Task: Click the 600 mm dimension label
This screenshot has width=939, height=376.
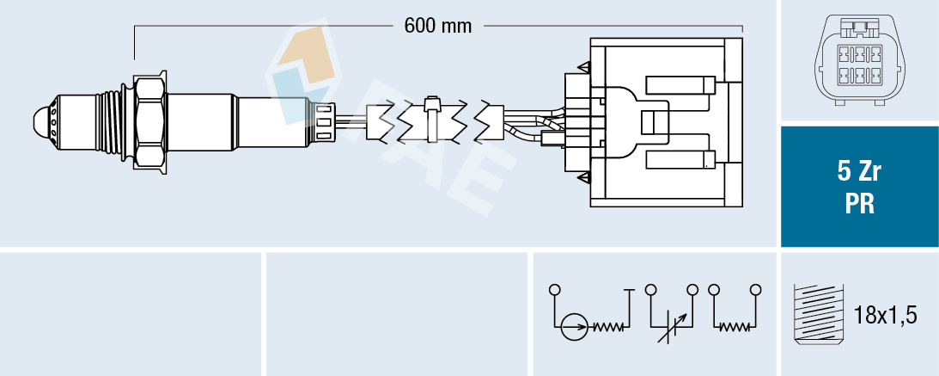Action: coord(438,26)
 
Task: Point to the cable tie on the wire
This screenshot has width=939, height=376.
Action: coord(433,120)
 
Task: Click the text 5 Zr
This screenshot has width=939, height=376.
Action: coord(859,172)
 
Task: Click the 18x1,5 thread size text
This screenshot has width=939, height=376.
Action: coord(886,316)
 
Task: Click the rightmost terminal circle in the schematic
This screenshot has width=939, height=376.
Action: coord(755,289)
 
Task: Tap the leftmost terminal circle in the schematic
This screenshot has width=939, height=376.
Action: coord(554,289)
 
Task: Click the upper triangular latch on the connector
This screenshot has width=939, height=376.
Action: coord(584,66)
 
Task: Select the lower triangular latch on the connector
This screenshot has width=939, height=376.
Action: coord(584,177)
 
